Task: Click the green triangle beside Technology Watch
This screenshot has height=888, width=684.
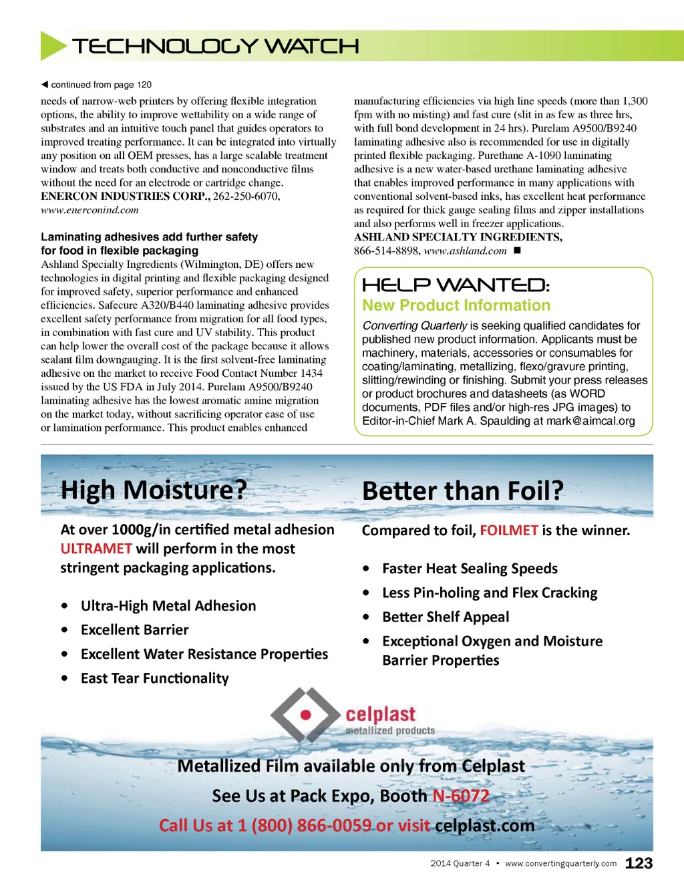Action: (x=53, y=45)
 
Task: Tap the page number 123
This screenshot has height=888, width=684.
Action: (x=639, y=863)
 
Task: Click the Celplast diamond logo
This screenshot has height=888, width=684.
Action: (x=305, y=715)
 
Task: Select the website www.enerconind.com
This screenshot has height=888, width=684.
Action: (x=90, y=210)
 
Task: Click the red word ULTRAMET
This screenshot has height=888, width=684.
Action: (x=96, y=549)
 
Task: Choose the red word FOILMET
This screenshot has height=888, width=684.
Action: (x=509, y=531)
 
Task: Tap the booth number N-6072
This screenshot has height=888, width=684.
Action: (x=461, y=796)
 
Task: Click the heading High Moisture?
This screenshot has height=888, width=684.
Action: (x=154, y=490)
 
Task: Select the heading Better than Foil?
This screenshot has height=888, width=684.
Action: (x=463, y=491)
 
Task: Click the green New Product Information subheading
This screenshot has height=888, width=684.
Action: (x=456, y=305)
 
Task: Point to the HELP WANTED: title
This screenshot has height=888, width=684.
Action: (x=456, y=285)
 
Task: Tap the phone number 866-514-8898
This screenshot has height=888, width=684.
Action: (x=386, y=251)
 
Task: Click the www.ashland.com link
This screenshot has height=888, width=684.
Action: (x=465, y=251)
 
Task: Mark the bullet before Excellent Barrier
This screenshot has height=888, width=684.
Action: (x=64, y=630)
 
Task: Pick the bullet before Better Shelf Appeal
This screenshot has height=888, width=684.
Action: (x=366, y=617)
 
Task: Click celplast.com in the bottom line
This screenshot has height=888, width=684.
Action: (x=485, y=826)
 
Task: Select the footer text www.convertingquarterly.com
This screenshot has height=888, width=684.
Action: (x=561, y=863)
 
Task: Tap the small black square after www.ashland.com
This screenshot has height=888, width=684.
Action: (x=517, y=251)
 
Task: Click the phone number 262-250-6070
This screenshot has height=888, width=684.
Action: (x=246, y=196)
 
